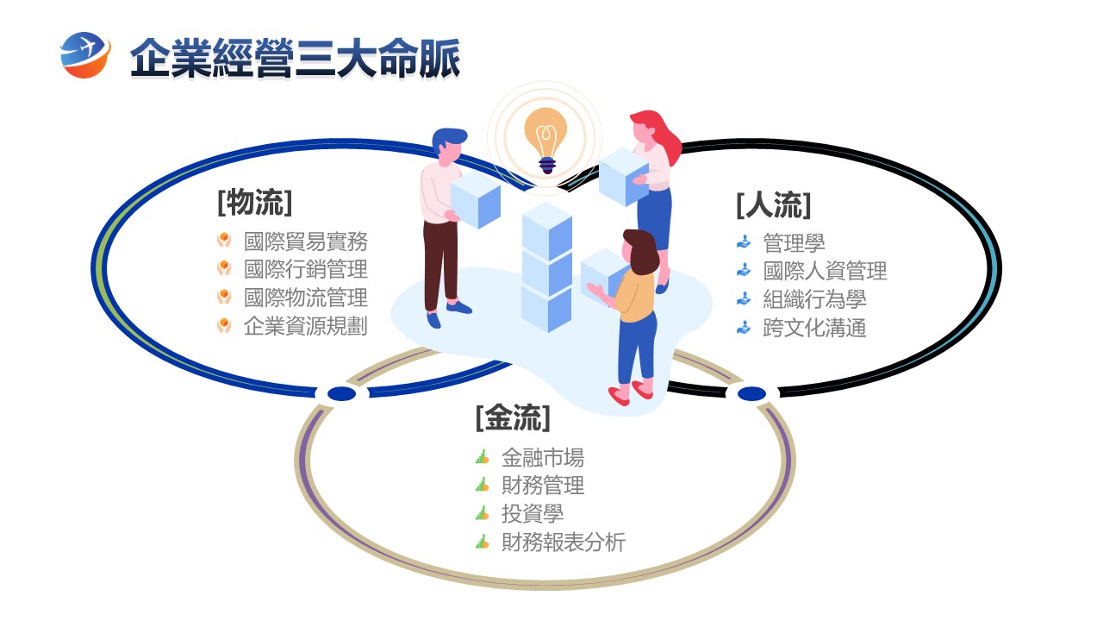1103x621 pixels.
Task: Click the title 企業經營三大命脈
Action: click(295, 59)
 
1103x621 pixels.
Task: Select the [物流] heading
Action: click(255, 203)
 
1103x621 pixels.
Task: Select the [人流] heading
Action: click(774, 205)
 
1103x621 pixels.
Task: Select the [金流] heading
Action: click(513, 418)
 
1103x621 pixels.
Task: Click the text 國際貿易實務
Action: click(306, 241)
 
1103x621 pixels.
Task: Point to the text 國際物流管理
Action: click(306, 298)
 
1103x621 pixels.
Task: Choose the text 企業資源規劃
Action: click(306, 326)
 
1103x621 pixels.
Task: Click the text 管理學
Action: click(794, 243)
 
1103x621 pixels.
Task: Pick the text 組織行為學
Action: click(814, 299)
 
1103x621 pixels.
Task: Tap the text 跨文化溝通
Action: click(814, 328)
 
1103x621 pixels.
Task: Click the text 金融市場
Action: click(543, 457)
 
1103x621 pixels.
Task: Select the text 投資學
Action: click(533, 514)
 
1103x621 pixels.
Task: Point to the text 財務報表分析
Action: click(564, 543)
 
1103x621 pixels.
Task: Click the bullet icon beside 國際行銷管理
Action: click(224, 269)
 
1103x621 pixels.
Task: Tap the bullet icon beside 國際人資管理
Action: click(744, 271)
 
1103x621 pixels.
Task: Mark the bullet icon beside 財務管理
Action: click(483, 486)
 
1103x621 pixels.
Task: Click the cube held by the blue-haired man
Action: click(476, 199)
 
